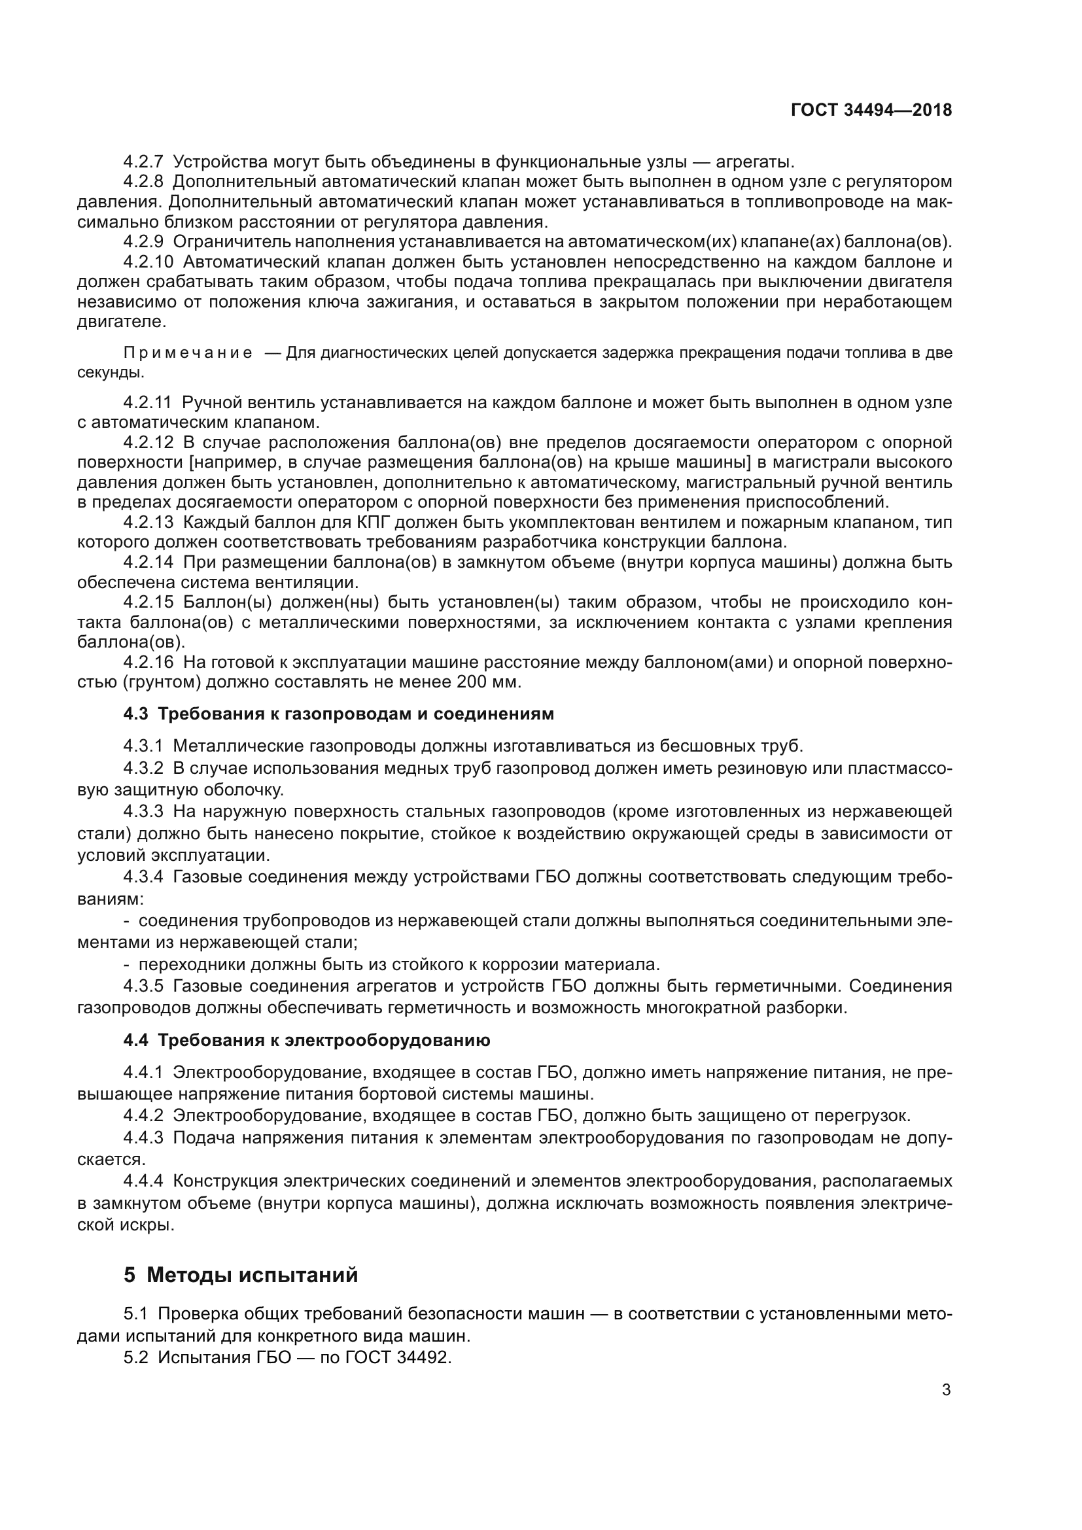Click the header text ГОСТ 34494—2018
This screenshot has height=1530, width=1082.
871,110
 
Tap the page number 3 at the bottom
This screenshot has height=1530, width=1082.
946,1390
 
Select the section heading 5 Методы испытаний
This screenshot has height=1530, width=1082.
241,1275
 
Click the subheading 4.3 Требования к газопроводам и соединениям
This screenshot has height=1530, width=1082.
338,714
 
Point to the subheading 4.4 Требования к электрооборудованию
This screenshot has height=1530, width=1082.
306,1039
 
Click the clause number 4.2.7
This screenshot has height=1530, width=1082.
143,162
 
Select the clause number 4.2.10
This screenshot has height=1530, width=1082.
148,262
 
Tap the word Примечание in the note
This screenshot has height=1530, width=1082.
188,353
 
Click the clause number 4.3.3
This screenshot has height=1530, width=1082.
143,812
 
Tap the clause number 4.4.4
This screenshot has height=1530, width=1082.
143,1181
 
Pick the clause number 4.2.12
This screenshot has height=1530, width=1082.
148,442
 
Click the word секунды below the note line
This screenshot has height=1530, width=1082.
110,372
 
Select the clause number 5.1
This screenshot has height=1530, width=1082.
135,1314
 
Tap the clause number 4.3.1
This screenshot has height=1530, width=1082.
143,746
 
